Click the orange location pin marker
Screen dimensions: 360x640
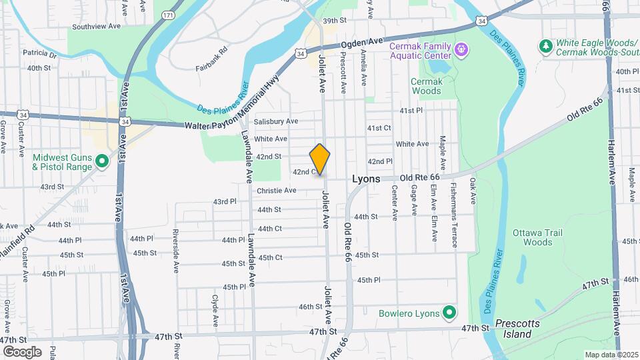(x=320, y=159)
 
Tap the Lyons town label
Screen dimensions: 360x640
(x=366, y=179)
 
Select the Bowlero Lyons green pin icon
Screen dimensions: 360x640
(x=449, y=312)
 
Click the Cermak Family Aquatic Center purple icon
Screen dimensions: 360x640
(x=460, y=49)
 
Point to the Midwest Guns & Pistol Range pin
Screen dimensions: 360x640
(x=101, y=161)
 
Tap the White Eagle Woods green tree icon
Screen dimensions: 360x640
(x=545, y=45)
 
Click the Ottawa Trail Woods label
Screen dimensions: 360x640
(x=537, y=238)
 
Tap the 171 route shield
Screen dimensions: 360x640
(x=168, y=14)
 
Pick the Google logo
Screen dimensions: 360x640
(x=22, y=351)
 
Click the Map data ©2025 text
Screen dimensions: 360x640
(x=611, y=355)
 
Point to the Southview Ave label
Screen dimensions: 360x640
(x=96, y=27)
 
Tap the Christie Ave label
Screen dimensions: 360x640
(x=276, y=191)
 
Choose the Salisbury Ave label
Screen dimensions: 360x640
(x=276, y=121)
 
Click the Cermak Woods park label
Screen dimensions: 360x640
(x=426, y=86)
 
